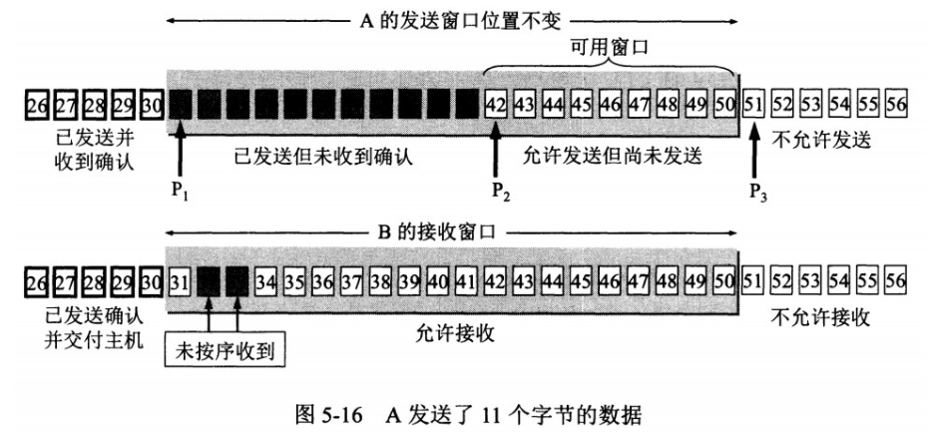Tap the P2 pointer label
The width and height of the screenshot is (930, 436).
495,189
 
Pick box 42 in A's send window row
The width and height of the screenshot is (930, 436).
496,104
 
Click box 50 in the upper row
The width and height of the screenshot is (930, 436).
724,104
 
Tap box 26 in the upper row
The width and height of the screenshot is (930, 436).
38,104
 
